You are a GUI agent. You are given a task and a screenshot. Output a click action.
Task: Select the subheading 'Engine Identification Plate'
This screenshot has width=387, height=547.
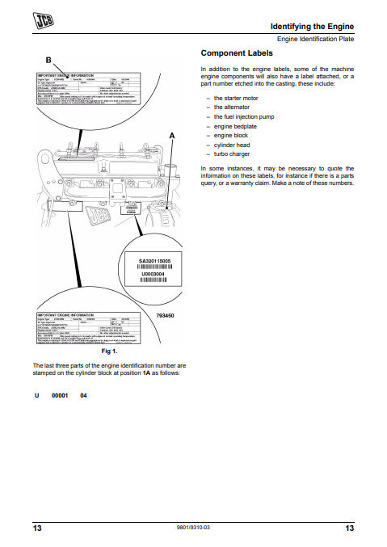(315, 39)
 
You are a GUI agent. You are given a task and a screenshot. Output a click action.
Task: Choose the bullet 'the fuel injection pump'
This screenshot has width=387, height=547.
(246, 116)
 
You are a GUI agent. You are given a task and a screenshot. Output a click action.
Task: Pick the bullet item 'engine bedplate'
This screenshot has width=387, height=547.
(237, 126)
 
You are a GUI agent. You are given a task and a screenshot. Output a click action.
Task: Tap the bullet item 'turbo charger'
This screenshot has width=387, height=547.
(233, 154)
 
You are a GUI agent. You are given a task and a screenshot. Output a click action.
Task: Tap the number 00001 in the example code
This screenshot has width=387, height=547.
(60, 395)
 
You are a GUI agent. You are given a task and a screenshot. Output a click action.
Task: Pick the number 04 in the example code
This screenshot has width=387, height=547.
(82, 395)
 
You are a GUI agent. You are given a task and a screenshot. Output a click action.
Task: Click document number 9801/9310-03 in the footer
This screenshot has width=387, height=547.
(193, 527)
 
